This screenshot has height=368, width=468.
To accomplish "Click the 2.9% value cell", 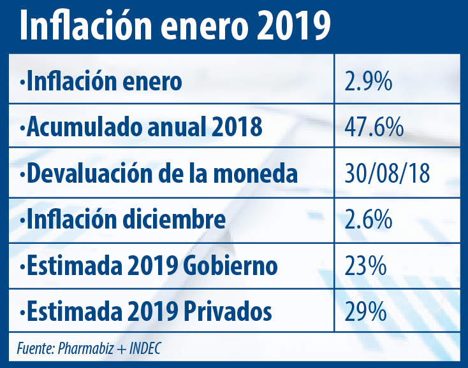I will click(x=367, y=82).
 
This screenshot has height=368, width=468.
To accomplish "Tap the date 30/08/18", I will click(x=386, y=174).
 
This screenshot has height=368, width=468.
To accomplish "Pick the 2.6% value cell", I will click(x=367, y=220).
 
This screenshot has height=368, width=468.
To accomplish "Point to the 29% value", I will click(x=365, y=312).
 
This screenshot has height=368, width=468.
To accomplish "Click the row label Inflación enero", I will click(x=102, y=82).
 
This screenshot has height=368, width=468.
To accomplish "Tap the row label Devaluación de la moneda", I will click(x=159, y=174).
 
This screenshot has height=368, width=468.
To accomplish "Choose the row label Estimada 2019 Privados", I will click(x=147, y=312).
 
